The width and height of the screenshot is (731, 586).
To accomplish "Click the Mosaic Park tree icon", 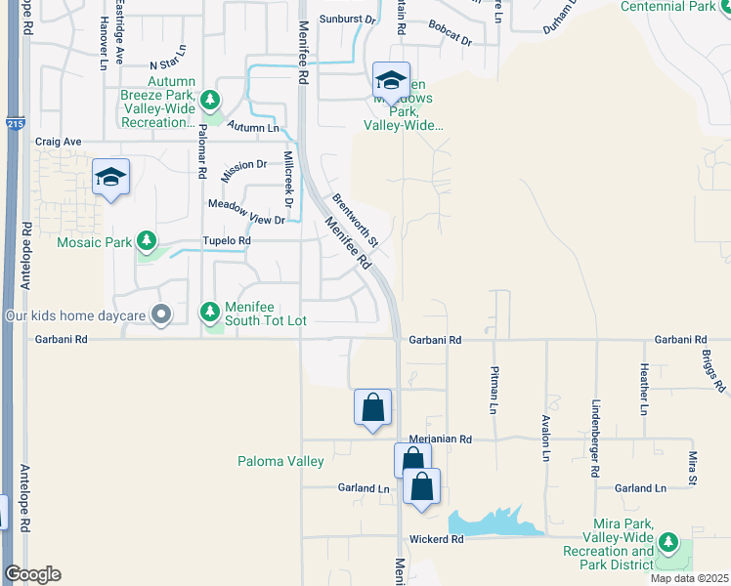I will coord(147,240).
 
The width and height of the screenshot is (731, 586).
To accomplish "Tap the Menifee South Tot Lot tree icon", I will coord(209,313).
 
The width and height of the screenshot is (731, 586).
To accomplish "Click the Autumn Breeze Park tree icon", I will coord(209,100).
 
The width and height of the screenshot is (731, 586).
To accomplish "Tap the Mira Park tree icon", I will coord(668,541).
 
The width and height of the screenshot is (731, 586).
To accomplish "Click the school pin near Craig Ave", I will coord(110,178).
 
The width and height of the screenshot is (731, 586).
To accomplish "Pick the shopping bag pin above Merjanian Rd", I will coord(373,407).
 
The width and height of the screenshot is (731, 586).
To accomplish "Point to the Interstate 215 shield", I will coord(14,124).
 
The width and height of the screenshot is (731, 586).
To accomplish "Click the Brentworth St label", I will coord(355,220).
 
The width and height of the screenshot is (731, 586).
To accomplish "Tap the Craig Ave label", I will coord(58,142).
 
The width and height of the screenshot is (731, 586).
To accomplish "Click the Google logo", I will coord(32,574).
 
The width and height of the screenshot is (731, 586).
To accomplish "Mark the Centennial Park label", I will coord(675,7).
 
